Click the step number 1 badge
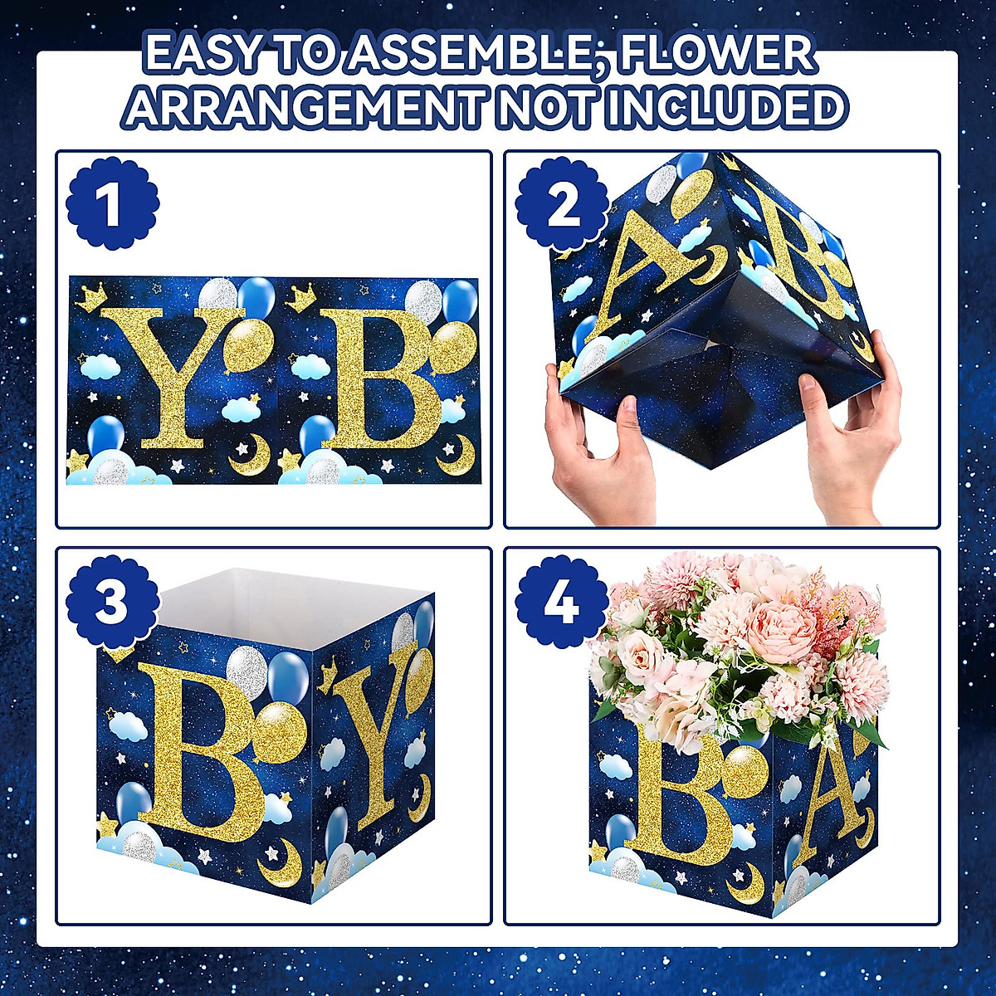pyautogui.click(x=112, y=204)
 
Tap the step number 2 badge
pyautogui.click(x=562, y=204)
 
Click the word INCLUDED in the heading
pyautogui.click(x=725, y=107)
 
